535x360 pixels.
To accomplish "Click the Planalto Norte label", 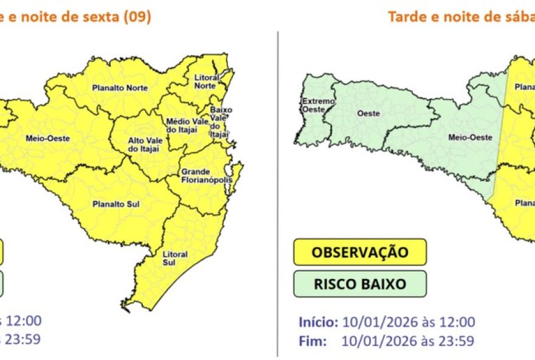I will pyautogui.click(x=120, y=88).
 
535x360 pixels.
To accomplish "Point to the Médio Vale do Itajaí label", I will pyautogui.click(x=180, y=125).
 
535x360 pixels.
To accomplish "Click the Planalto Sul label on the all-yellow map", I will pyautogui.click(x=112, y=204).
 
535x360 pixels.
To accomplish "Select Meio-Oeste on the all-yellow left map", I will pyautogui.click(x=47, y=138).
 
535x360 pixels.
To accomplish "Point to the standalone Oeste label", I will pyautogui.click(x=368, y=114).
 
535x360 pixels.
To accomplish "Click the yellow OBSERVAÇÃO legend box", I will pyautogui.click(x=360, y=252).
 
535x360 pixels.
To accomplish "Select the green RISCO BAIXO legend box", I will pyautogui.click(x=360, y=283).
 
